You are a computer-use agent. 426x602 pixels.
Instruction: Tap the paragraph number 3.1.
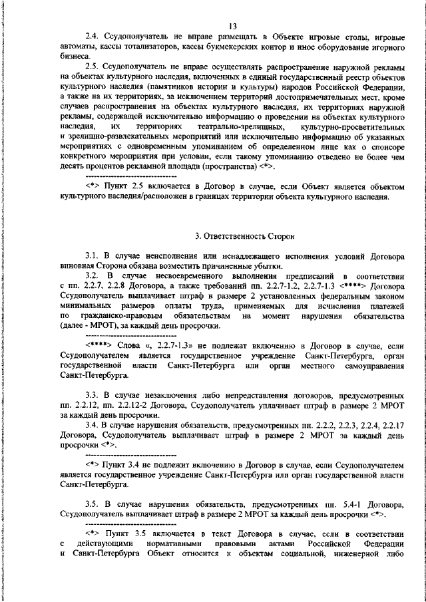tap(93, 257)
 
